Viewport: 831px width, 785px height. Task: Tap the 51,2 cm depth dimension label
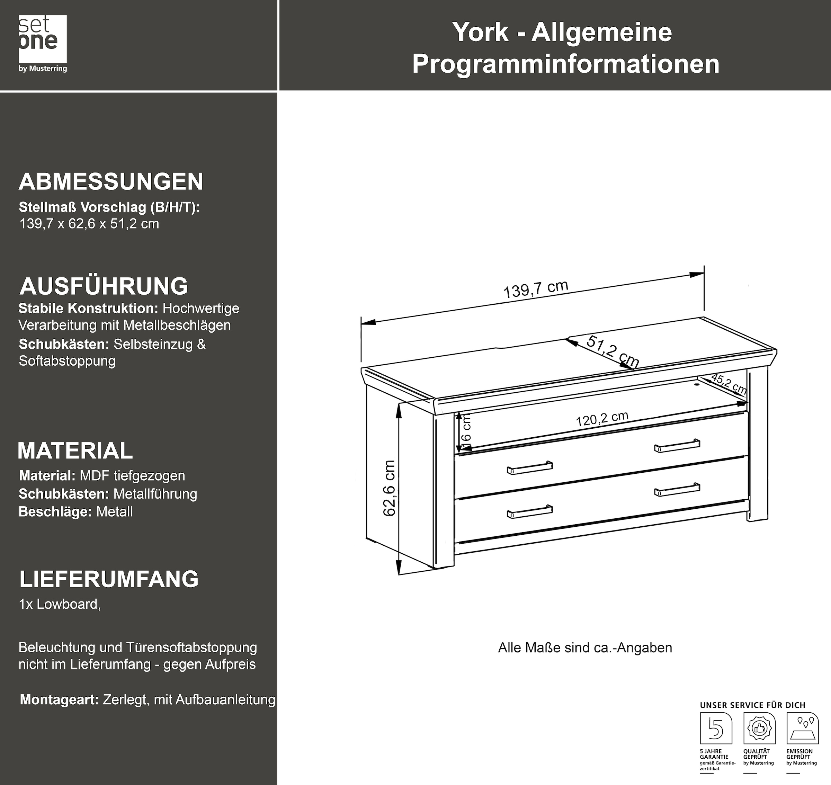[x=613, y=352]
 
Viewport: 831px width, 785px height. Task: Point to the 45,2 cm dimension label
[x=729, y=383]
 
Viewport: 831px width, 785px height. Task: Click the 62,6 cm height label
[x=390, y=488]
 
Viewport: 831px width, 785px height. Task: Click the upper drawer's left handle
[x=529, y=468]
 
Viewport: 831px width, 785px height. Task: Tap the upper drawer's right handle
[x=677, y=446]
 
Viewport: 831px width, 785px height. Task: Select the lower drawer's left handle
[x=529, y=511]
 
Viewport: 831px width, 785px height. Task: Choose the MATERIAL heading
[x=75, y=451]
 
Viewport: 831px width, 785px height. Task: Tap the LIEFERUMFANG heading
[x=109, y=579]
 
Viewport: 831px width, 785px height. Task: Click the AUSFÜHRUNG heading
[x=104, y=286]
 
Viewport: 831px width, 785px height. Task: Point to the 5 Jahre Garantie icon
[x=716, y=729]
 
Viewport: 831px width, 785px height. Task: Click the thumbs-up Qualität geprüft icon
[x=759, y=729]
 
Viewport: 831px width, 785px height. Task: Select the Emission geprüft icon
[x=802, y=729]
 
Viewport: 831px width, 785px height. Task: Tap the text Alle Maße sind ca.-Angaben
[x=584, y=648]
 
